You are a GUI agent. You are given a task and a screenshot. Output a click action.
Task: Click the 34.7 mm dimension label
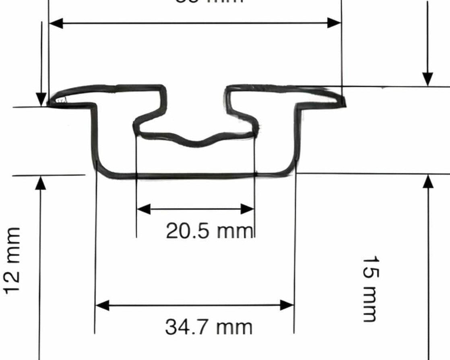click(208, 327)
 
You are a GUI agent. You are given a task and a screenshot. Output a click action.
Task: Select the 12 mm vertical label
click(12, 261)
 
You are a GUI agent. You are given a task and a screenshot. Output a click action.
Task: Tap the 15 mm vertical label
click(369, 288)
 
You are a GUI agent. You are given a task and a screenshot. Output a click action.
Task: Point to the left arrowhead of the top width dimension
click(56, 23)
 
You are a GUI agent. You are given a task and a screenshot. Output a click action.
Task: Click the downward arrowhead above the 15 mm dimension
click(428, 79)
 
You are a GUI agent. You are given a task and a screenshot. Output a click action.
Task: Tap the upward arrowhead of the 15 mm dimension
click(429, 182)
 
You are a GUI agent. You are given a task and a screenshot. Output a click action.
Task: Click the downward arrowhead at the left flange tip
click(41, 99)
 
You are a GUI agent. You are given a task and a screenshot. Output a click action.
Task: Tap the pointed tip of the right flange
click(343, 101)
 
